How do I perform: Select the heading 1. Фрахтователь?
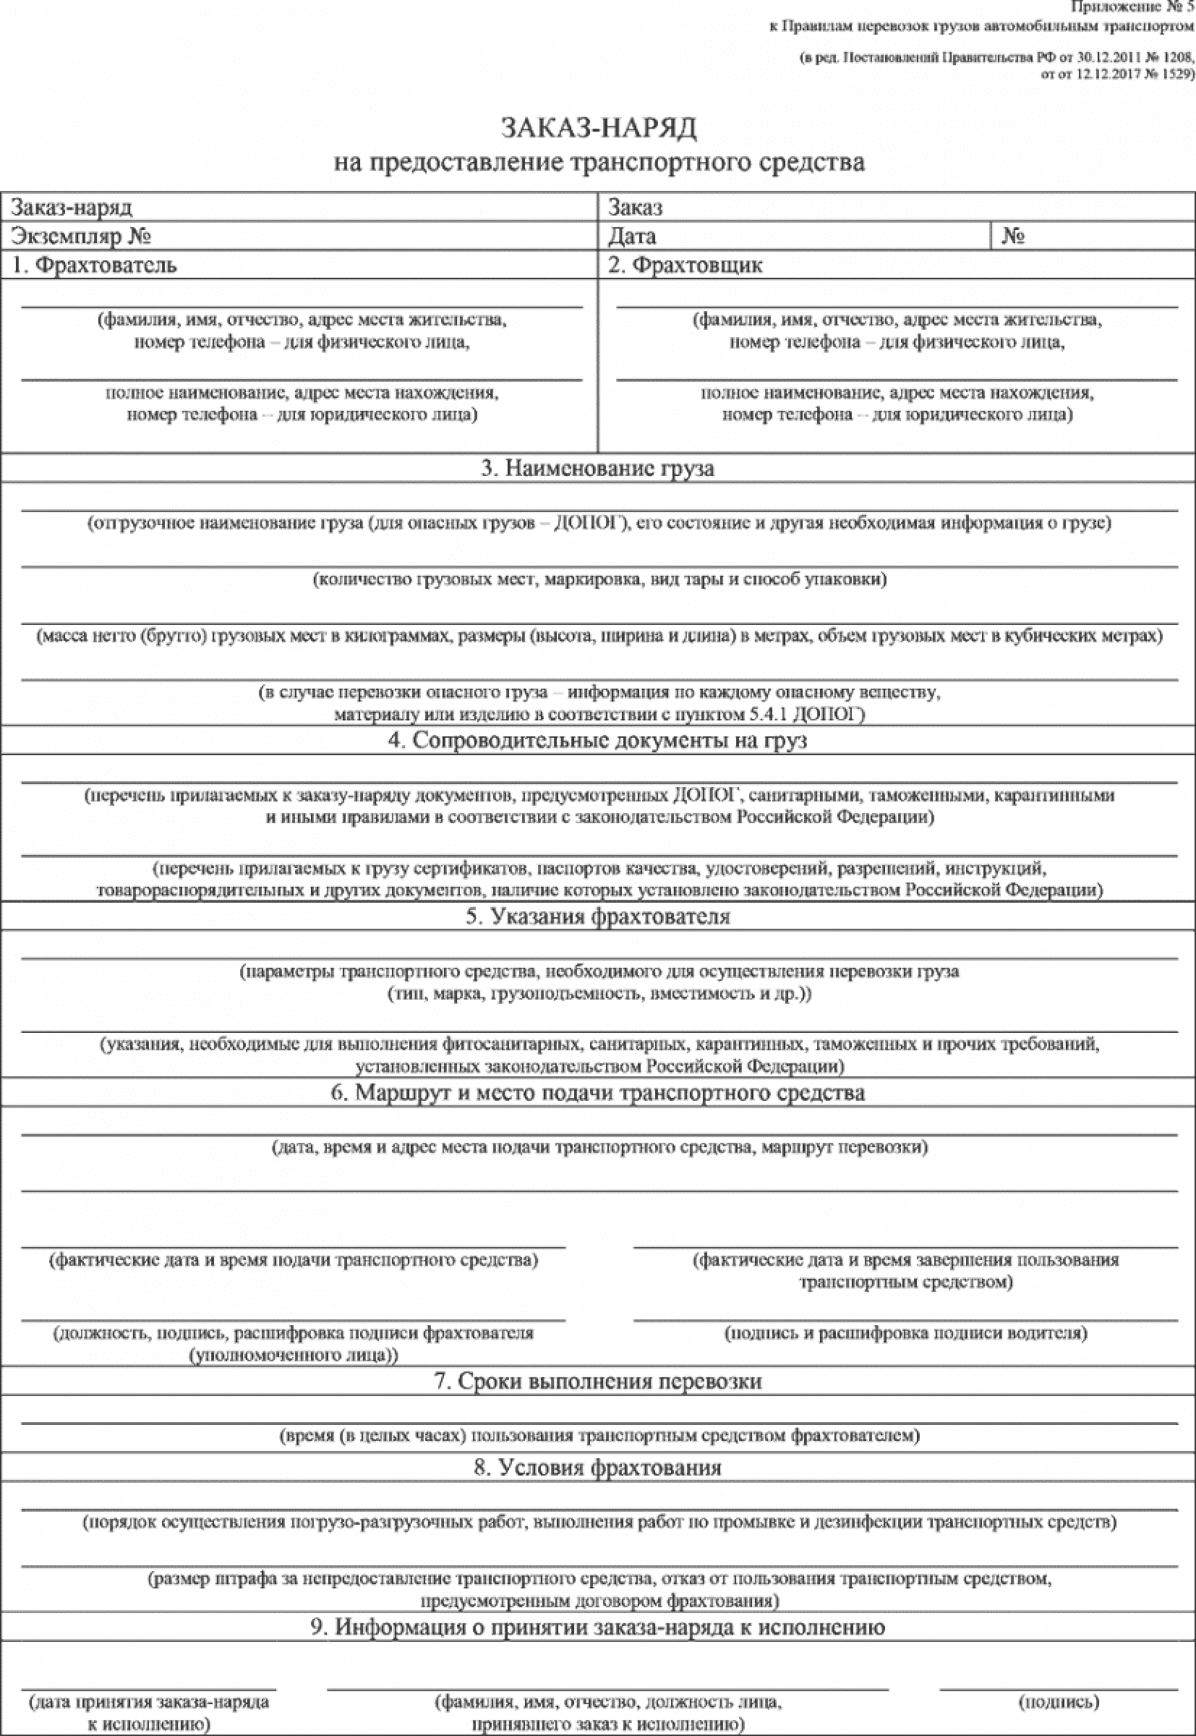click(95, 265)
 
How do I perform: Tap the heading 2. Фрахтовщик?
click(685, 265)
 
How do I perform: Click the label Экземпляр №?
click(82, 237)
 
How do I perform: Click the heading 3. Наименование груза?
click(597, 469)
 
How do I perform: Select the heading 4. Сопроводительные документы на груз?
click(597, 741)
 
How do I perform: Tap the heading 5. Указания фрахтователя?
click(597, 916)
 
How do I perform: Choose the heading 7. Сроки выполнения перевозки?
click(597, 1382)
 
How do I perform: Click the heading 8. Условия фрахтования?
click(597, 1468)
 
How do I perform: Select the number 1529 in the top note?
click(1172, 75)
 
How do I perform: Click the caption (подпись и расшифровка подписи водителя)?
click(905, 1332)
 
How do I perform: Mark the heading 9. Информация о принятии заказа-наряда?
click(597, 1627)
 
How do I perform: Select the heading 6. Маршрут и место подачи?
click(597, 1093)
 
